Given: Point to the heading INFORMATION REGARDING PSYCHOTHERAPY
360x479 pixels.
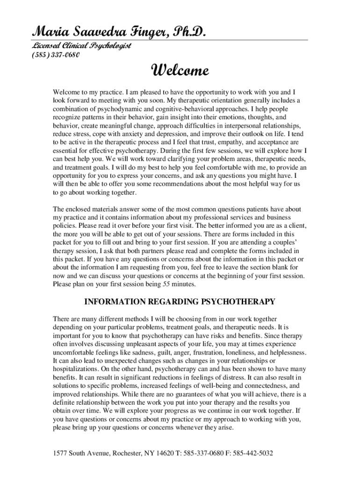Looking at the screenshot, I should [x=179, y=302].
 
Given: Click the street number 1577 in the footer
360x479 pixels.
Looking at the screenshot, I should [x=61, y=454].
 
